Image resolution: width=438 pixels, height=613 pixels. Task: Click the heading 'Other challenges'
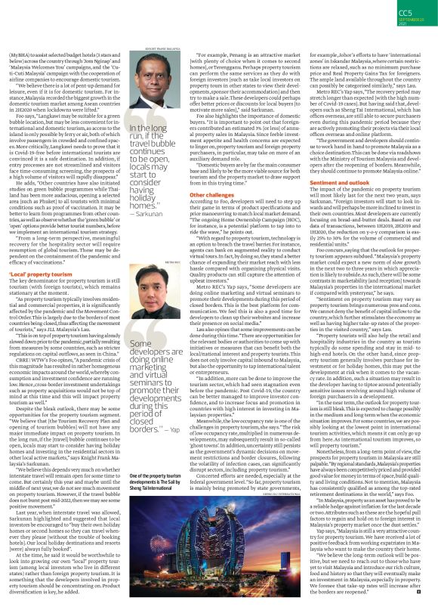pos(214,194)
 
